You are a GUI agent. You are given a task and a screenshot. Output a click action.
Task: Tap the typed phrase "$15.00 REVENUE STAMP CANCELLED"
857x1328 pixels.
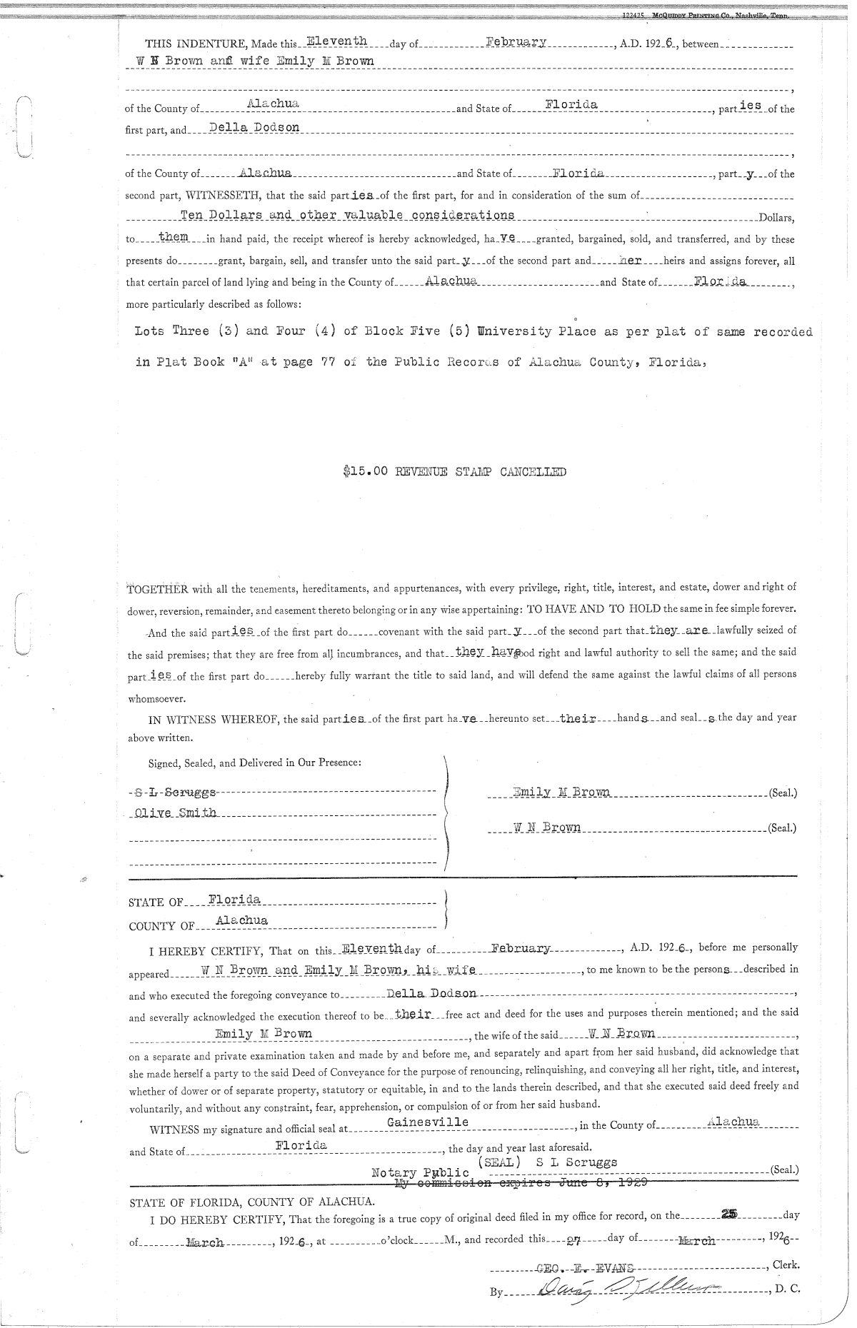454,471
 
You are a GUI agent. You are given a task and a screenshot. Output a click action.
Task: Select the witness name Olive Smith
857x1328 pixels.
176,814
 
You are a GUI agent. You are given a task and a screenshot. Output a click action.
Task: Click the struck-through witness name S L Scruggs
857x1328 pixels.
174,793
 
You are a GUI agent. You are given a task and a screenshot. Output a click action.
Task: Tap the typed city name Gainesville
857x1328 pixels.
427,1122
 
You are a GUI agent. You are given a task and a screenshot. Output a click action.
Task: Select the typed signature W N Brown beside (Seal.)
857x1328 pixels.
546,828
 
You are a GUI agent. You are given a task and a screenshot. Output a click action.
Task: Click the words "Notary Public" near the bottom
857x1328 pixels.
420,1173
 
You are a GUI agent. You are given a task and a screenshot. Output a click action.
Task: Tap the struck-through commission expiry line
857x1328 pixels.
521,1183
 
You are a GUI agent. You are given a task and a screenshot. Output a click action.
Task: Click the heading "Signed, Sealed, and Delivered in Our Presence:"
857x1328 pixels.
254,763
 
